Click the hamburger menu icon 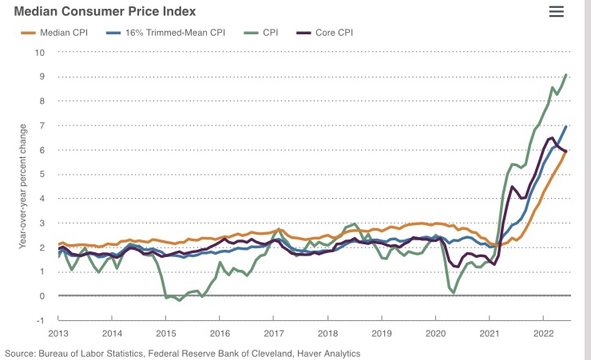pos(557,11)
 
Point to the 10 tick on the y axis pos(41,53)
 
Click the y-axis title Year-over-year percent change pos(23,186)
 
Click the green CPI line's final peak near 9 pos(566,75)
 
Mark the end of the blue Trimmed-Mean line pos(566,126)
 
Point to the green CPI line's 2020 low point pos(454,292)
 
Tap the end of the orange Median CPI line pos(566,151)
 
